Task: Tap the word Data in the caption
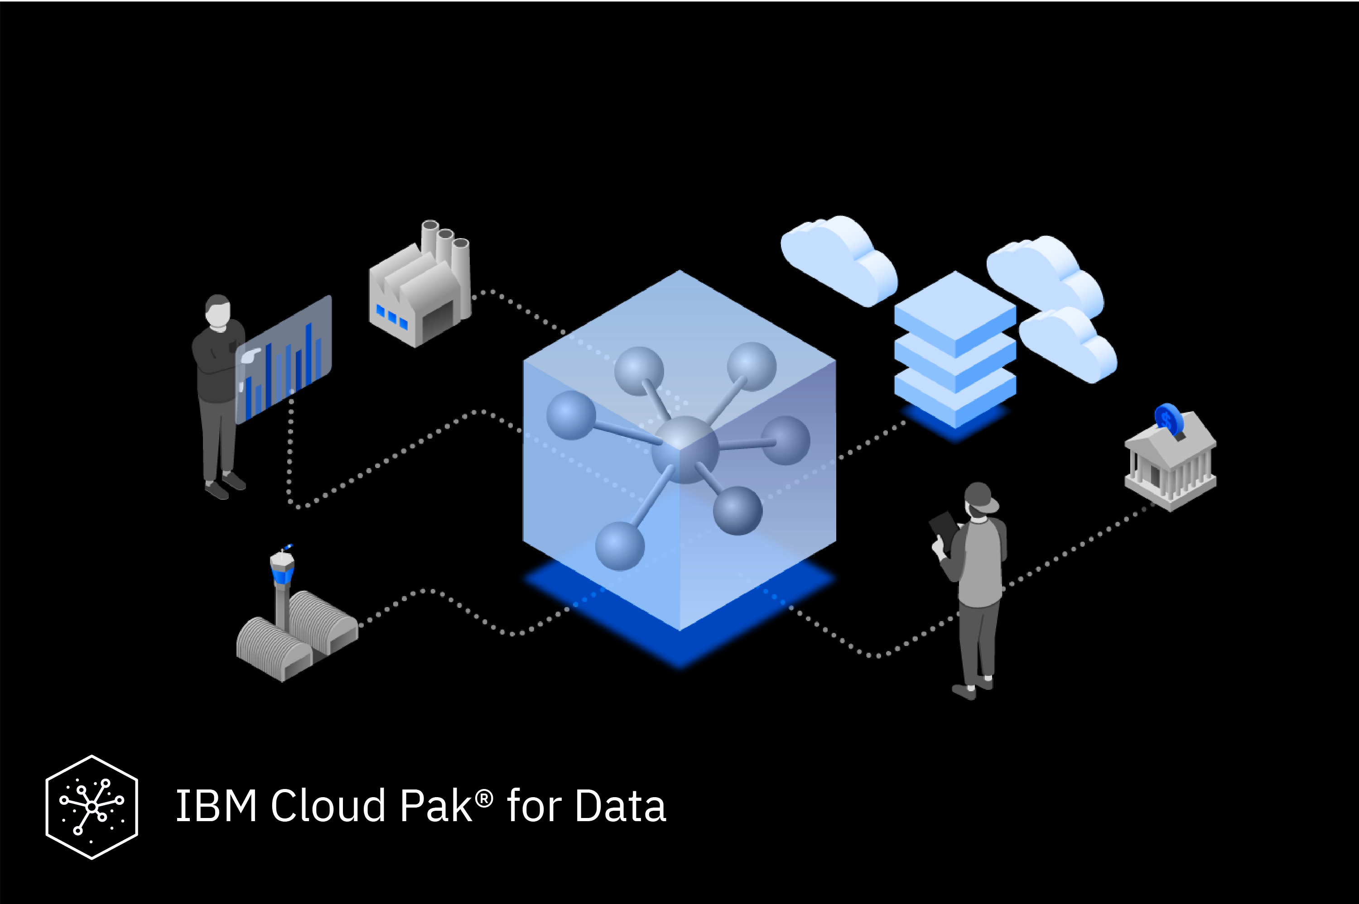pyautogui.click(x=621, y=805)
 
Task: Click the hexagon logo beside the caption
pyautogui.click(x=92, y=807)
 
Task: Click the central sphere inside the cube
pyautogui.click(x=684, y=449)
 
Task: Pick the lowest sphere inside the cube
pyautogui.click(x=620, y=545)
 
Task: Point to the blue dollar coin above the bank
pyautogui.click(x=1169, y=419)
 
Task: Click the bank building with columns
pyautogui.click(x=1171, y=464)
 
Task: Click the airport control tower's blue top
pyautogui.click(x=282, y=574)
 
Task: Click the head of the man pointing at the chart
pyautogui.click(x=217, y=312)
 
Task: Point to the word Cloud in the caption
pyautogui.click(x=328, y=805)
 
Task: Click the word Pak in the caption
pyautogui.click(x=435, y=805)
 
